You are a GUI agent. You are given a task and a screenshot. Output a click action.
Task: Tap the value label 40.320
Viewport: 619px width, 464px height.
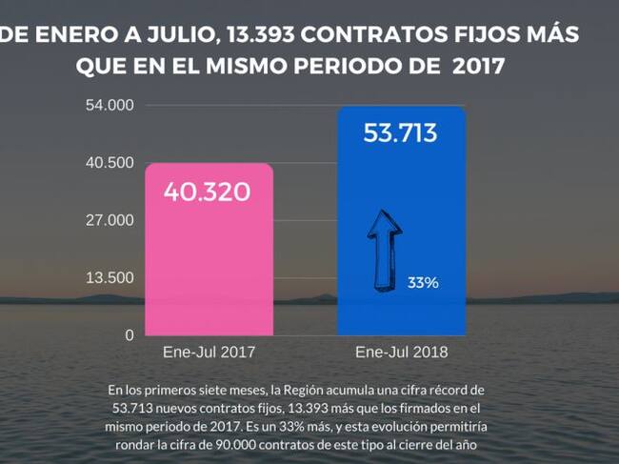click(207, 192)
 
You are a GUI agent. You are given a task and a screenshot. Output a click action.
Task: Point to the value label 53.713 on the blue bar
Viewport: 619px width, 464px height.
click(400, 132)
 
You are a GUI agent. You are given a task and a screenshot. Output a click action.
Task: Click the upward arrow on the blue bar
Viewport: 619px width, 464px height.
click(383, 252)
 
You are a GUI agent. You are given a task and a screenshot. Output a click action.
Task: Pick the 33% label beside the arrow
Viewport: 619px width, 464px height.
click(423, 283)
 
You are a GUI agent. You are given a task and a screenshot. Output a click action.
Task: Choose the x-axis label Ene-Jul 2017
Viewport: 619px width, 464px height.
click(210, 352)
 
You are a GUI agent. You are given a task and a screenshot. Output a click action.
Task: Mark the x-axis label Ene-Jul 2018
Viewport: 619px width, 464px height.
click(401, 352)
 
